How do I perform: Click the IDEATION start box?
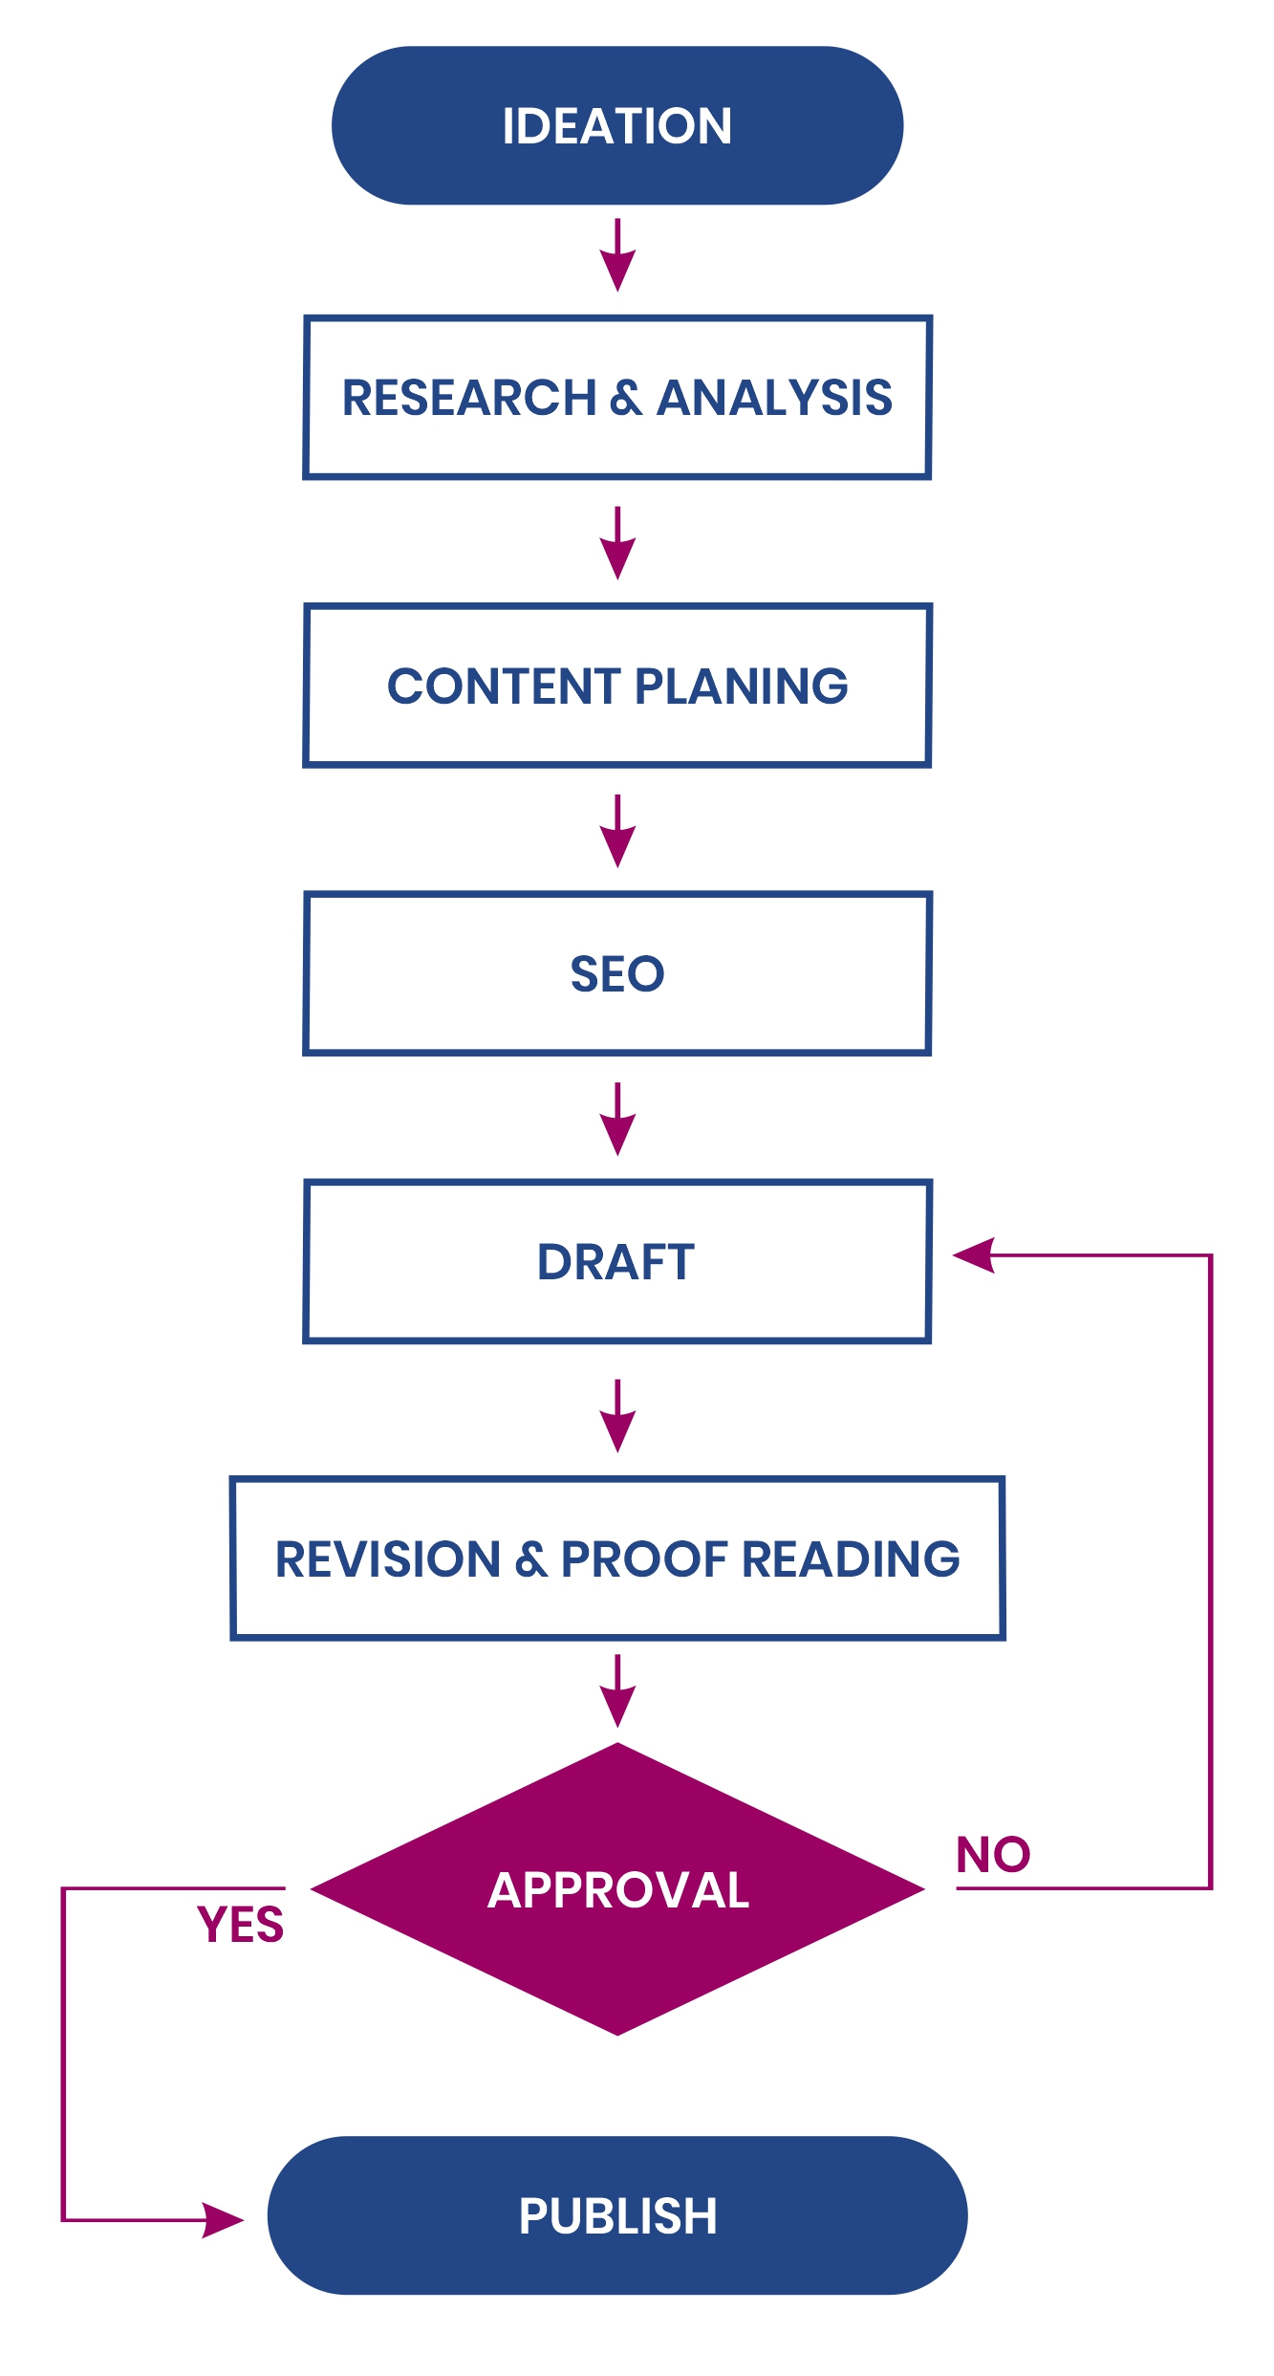coord(617,125)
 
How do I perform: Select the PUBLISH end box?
coord(617,2214)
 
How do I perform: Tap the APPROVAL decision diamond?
coord(617,1889)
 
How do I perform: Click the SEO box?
coord(617,973)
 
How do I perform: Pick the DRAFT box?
coord(617,1261)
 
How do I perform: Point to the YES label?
coord(241,1924)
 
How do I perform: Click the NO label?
coord(993,1855)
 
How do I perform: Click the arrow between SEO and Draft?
coord(617,1119)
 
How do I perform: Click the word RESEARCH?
coord(469,398)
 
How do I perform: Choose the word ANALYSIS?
coord(775,398)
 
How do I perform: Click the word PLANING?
coord(741,686)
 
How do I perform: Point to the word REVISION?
coord(388,1559)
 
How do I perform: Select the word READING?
coord(851,1559)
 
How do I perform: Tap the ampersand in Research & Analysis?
coord(626,398)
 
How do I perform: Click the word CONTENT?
coord(504,686)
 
